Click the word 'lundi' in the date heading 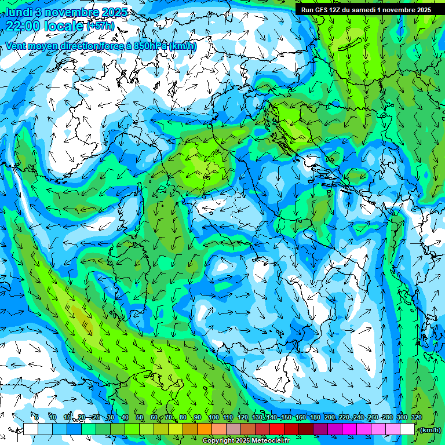pos(18,12)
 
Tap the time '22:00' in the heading pos(24,25)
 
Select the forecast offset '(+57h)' pos(100,26)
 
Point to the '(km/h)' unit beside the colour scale pos(429,430)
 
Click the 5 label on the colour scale pos(37,418)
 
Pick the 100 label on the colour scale pos(213,418)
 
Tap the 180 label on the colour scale pos(315,418)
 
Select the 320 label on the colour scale pos(416,418)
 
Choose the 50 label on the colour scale pos(139,418)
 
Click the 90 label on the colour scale pos(198,418)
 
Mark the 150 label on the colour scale pos(286,418)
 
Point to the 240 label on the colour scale pos(358,418)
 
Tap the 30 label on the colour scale pos(110,418)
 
